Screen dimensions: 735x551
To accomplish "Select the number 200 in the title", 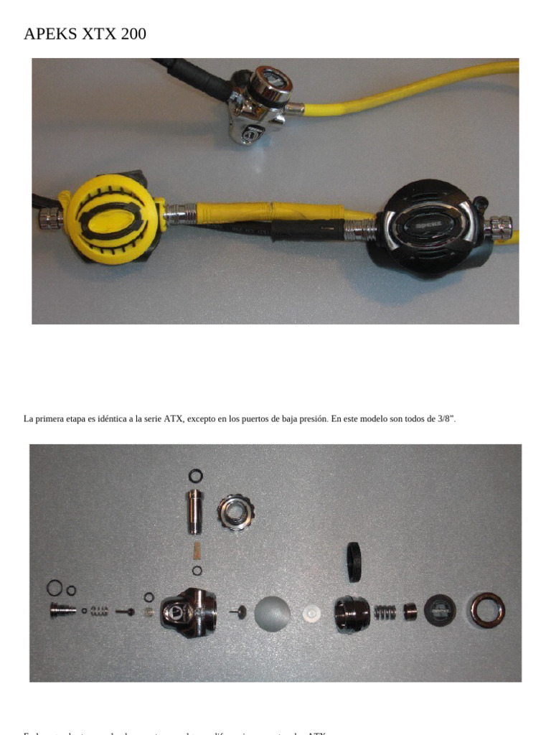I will [133, 34].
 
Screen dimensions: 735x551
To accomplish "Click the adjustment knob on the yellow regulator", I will [50, 217].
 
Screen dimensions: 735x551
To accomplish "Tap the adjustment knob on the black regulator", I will [499, 228].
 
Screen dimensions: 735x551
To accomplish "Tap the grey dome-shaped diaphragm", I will [272, 614].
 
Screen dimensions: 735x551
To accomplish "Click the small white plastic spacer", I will [311, 614].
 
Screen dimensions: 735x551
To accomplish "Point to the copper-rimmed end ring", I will [488, 609].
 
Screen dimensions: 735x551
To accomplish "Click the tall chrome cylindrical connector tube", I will [194, 511].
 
